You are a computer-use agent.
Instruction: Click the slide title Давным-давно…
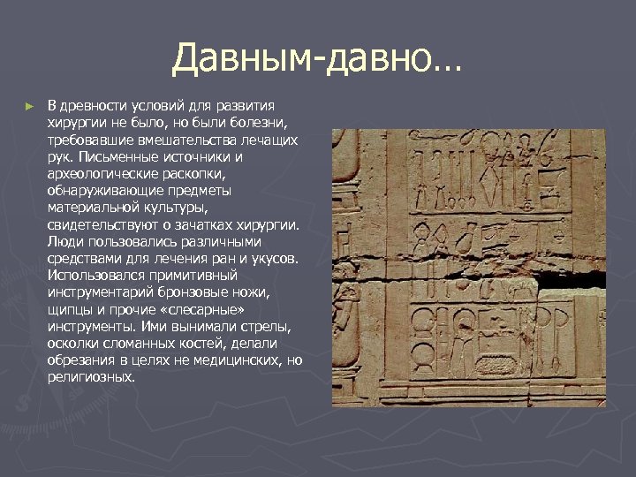[316, 59]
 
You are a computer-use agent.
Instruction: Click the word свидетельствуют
[102, 224]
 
